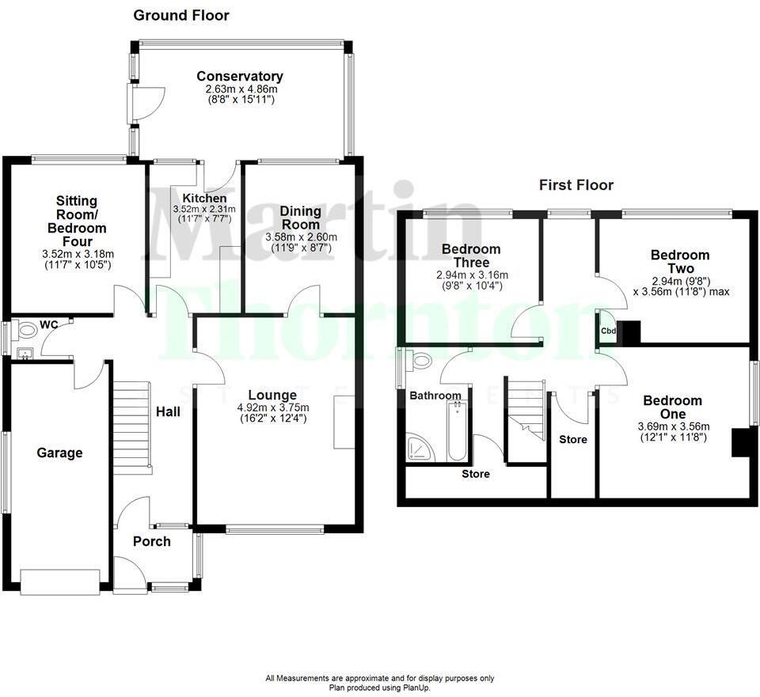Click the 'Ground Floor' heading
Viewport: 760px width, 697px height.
coord(180,15)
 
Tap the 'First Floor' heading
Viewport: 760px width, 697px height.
coord(576,185)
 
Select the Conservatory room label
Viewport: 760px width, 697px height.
coord(240,76)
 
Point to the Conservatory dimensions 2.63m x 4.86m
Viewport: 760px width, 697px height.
coord(240,89)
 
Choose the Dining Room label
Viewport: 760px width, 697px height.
coord(301,218)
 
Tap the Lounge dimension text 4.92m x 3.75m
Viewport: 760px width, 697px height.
coord(272,408)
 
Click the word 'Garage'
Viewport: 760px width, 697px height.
coord(59,453)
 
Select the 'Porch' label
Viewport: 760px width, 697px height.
coord(151,541)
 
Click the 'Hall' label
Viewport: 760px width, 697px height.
coord(168,411)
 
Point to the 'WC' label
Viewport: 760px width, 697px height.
coord(49,324)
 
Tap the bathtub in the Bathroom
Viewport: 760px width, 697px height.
coord(458,432)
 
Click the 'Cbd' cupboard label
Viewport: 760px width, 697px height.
coord(608,331)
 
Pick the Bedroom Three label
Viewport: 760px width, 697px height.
coord(472,256)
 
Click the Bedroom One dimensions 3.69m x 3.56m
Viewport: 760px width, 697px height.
coord(672,426)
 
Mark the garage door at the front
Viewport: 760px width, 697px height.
coord(61,581)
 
